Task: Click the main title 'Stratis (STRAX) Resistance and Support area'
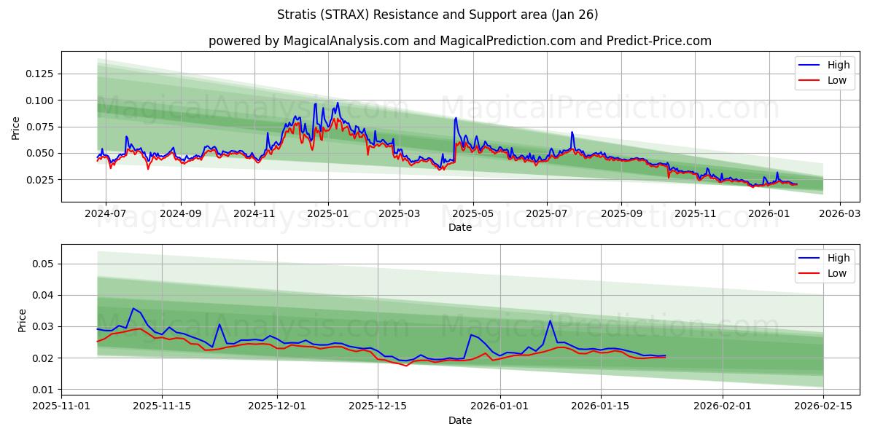[x=437, y=15]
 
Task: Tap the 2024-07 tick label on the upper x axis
[x=106, y=214]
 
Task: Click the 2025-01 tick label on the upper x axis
[x=327, y=214]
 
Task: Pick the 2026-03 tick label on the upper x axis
[x=840, y=214]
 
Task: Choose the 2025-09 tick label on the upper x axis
[x=621, y=214]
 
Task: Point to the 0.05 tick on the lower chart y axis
[x=44, y=264]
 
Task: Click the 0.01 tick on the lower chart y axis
[x=44, y=390]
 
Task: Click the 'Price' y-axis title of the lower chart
[x=22, y=320]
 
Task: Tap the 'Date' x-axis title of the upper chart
[x=459, y=227]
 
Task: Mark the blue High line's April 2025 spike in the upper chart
[x=456, y=118]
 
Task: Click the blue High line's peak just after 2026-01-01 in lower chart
[x=550, y=321]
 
